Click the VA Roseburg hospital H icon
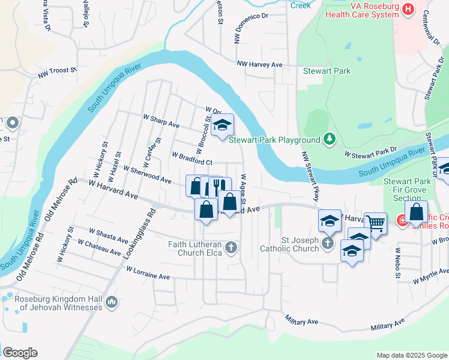tap(409, 9)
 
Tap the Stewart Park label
tap(326, 71)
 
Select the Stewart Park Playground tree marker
tap(329, 140)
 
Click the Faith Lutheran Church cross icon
tap(231, 247)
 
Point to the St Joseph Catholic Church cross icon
tap(327, 243)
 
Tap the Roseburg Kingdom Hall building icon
tap(111, 303)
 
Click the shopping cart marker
tap(375, 223)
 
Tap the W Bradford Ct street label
tap(192, 158)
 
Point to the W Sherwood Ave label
tap(147, 174)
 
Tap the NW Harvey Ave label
tap(259, 64)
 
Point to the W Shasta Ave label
tap(109, 234)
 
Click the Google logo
tap(20, 353)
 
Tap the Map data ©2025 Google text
tap(411, 355)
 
